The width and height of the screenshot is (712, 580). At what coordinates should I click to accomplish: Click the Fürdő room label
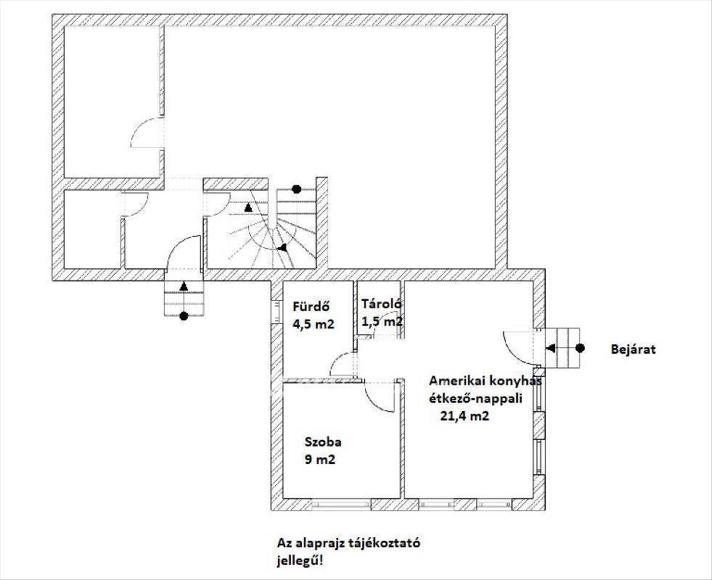310,306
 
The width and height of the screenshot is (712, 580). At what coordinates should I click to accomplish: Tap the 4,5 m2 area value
313,324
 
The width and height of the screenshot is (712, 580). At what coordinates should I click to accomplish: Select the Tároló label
382,304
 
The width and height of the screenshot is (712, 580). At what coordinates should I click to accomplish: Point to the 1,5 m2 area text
382,321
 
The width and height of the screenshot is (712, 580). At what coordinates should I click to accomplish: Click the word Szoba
323,442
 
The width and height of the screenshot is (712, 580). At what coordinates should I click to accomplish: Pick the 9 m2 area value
320,459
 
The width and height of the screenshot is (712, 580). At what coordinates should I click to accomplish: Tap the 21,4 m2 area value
465,416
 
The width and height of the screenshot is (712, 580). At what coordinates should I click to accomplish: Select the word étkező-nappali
476,399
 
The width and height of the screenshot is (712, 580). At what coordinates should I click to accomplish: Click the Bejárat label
633,349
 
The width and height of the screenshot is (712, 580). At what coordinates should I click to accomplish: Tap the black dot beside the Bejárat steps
580,348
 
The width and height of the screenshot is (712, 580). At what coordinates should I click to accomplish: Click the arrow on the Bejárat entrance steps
551,348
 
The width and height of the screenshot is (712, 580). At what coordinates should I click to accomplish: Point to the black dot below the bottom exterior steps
184,316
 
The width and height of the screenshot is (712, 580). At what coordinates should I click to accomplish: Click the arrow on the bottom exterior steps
184,287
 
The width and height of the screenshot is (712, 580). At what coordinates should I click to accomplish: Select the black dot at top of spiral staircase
297,189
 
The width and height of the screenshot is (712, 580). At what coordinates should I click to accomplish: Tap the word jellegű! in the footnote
300,561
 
